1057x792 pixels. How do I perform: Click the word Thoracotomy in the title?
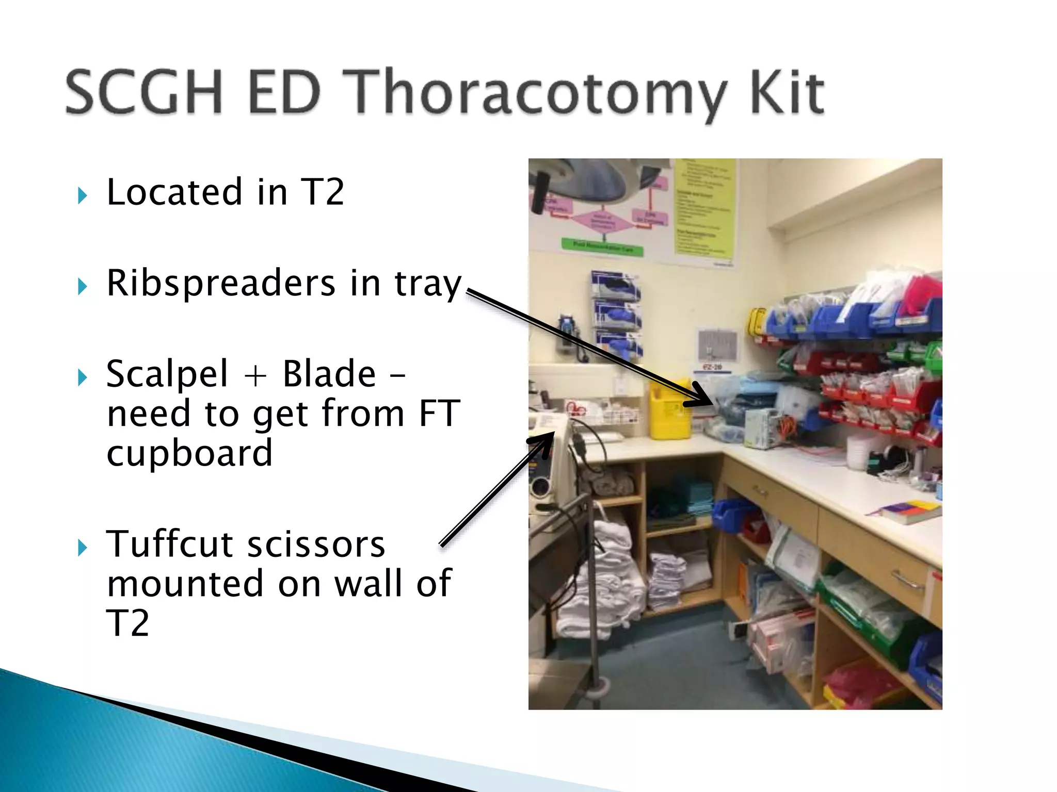534,93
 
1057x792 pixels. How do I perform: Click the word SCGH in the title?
143,93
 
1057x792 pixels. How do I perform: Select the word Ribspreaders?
220,283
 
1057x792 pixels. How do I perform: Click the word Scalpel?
166,374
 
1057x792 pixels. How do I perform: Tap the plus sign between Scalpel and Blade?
255,375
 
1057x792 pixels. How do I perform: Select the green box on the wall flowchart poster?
603,246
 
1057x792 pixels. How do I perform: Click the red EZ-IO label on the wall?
713,367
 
